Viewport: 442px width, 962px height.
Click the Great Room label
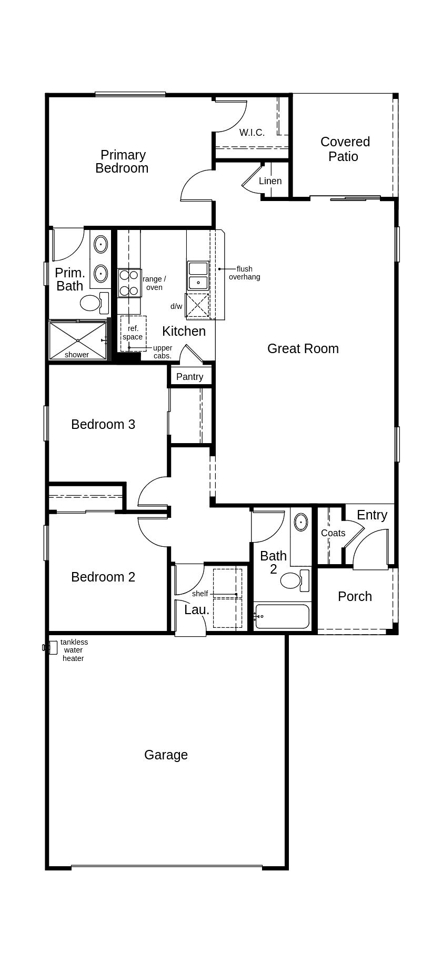(303, 348)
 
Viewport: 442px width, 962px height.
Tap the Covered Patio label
(345, 149)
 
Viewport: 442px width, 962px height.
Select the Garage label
(166, 755)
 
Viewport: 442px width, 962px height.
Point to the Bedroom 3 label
(103, 424)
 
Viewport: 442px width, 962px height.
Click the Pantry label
(189, 377)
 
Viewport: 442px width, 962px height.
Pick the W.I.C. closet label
(252, 133)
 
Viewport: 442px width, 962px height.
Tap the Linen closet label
(270, 181)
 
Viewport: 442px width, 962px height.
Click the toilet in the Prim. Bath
(94, 303)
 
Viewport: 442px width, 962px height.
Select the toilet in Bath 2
(295, 580)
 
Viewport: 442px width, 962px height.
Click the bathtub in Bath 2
(282, 616)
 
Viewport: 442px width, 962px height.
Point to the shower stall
(78, 340)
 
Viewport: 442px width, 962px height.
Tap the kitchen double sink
(198, 276)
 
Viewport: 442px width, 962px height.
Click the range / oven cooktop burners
(129, 283)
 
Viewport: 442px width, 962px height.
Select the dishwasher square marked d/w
(197, 305)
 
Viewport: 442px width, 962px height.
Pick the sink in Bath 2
(300, 522)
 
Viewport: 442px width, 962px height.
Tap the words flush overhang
(244, 273)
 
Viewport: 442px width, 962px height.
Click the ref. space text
(133, 333)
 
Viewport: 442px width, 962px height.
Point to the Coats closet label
(333, 533)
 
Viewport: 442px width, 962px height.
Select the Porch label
(355, 596)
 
